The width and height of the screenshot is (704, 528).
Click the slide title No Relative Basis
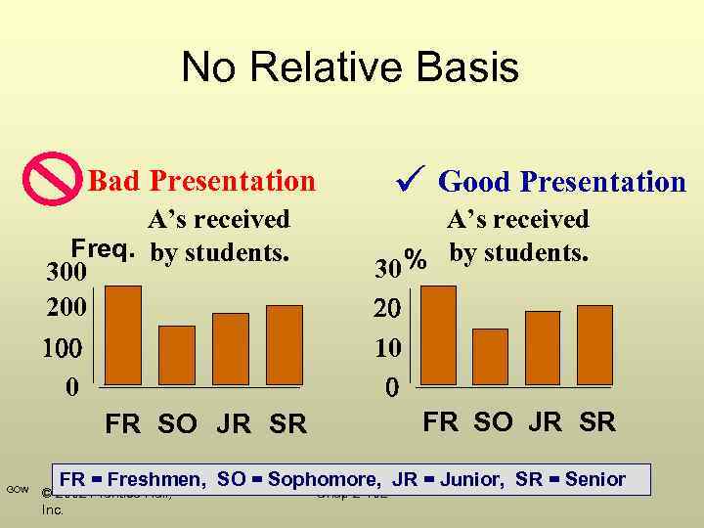pos(350,67)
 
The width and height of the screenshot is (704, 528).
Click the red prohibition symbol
pos(51,179)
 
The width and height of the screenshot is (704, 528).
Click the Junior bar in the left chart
pos(231,348)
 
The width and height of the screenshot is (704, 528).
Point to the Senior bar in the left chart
pos(285,344)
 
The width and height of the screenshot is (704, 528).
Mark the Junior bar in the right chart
pos(543,347)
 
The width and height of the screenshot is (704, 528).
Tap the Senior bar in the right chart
pos(594,344)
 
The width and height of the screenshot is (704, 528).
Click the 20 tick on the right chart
pos(389,309)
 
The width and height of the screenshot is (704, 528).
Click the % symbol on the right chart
pos(417,260)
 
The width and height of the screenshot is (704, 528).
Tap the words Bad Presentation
pos(201,181)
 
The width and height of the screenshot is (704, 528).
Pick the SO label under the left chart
pos(177,424)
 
